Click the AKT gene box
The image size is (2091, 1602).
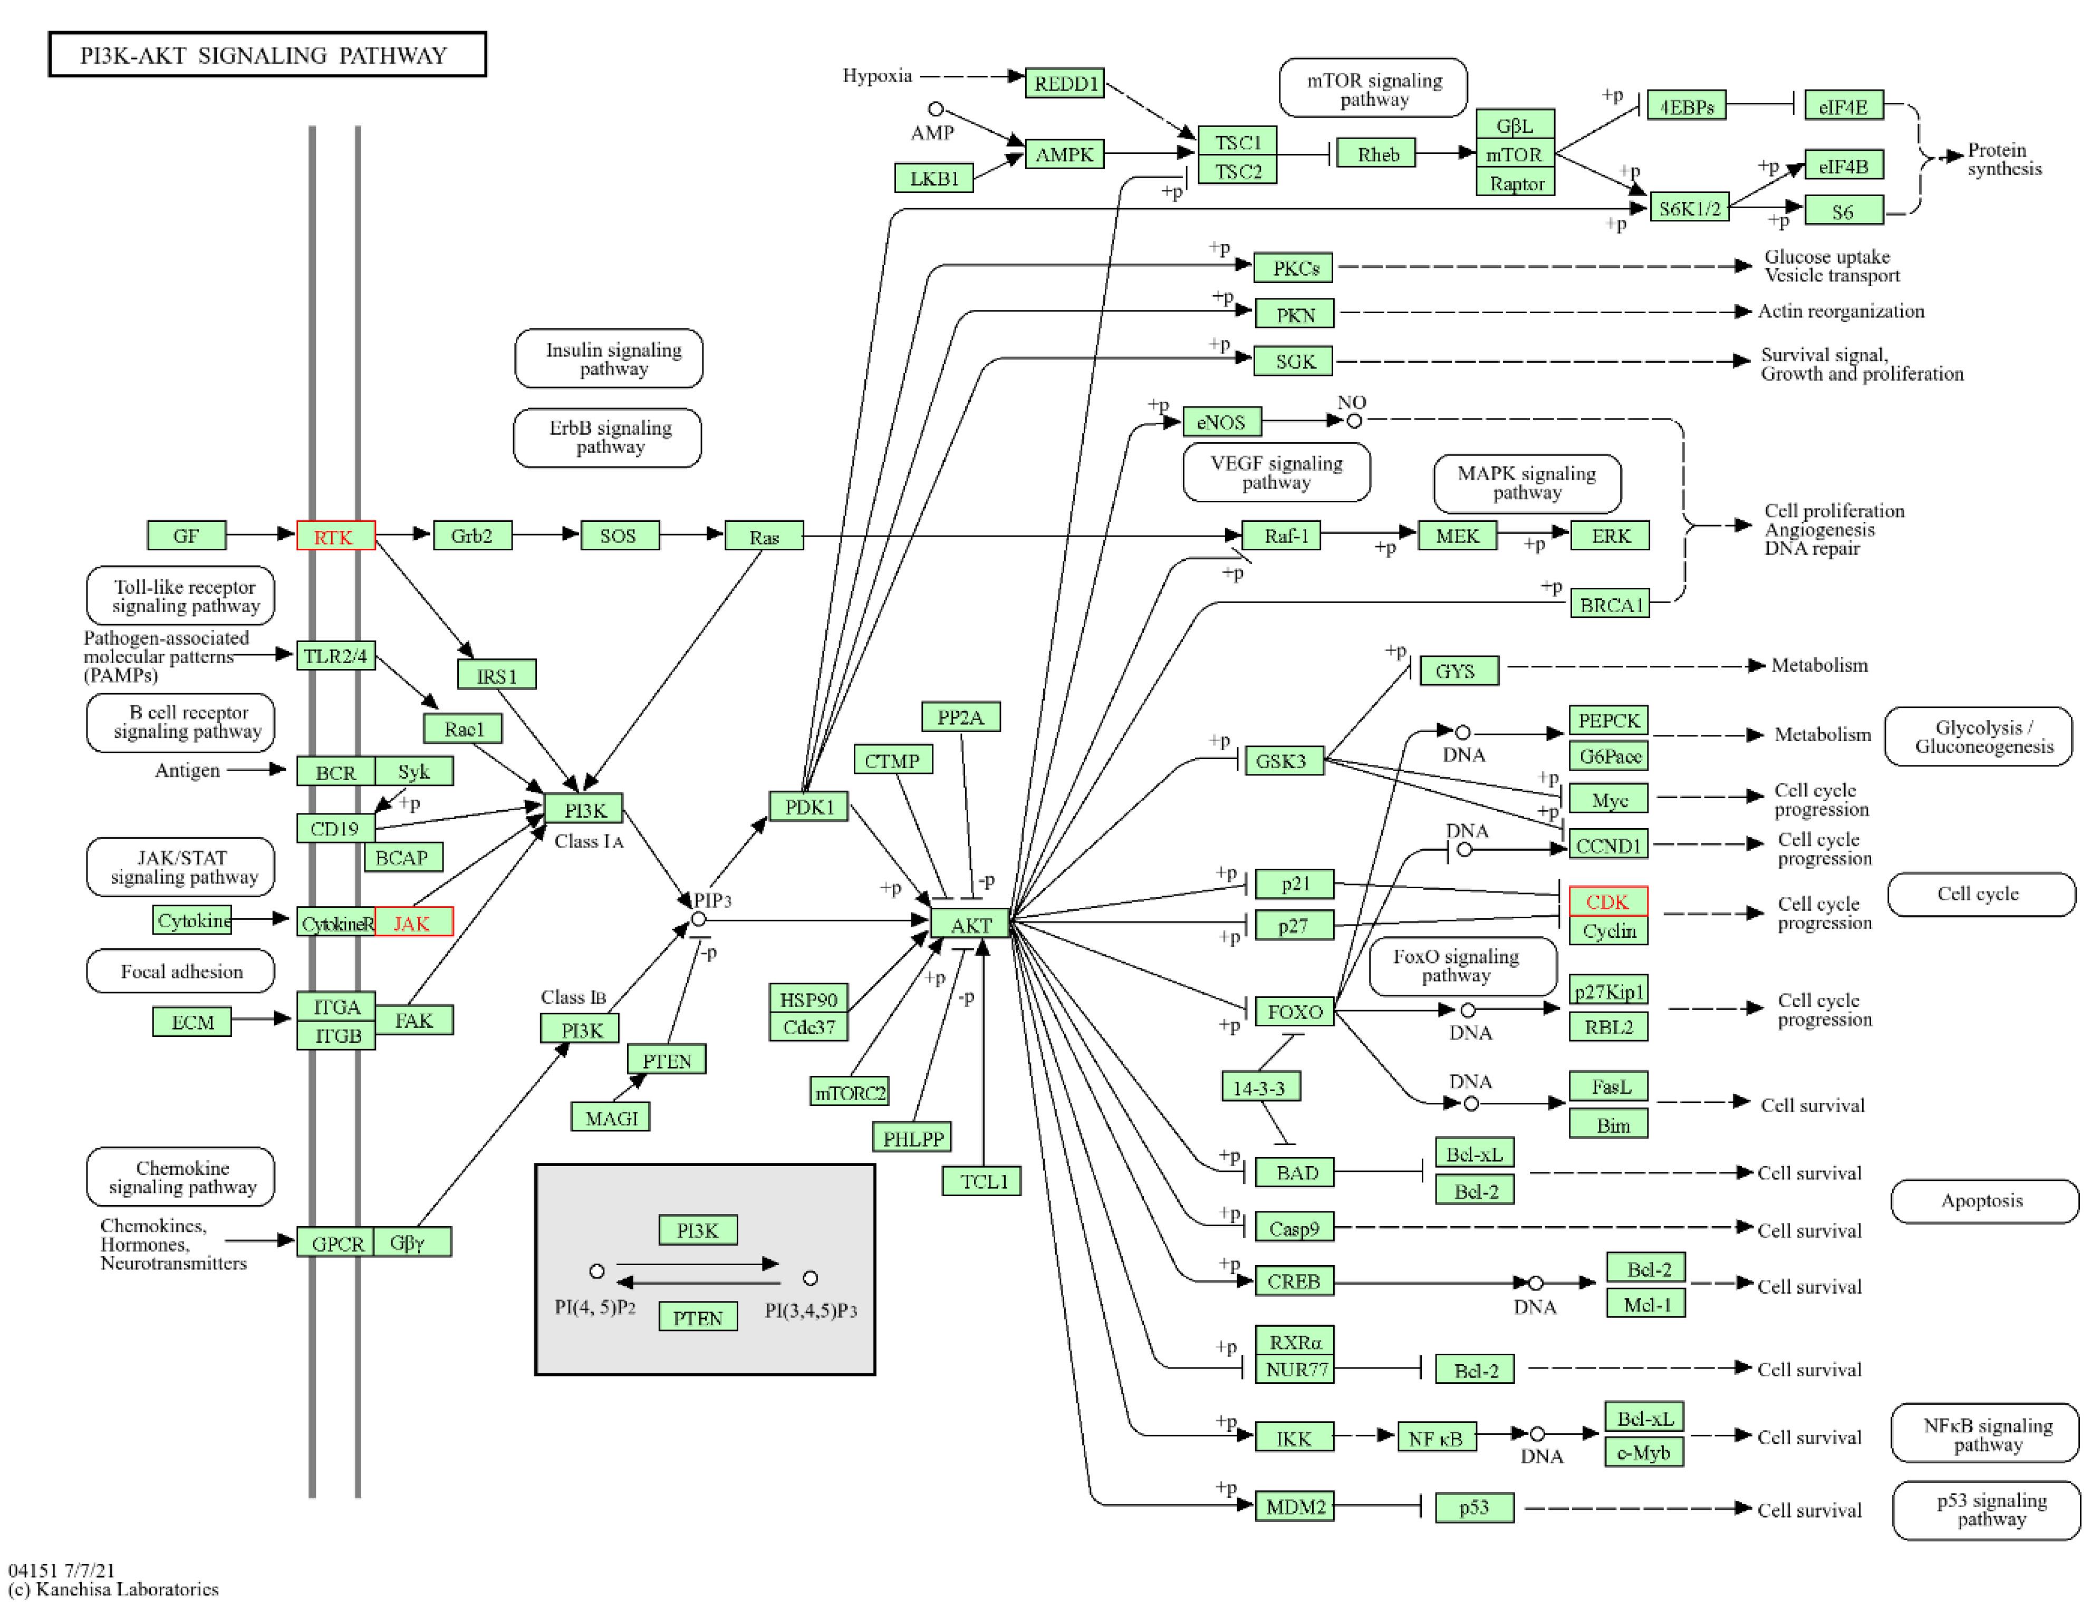click(x=970, y=923)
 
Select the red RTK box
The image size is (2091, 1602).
click(x=336, y=536)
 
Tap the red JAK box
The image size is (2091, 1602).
click(x=413, y=922)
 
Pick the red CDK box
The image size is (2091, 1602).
click(x=1608, y=901)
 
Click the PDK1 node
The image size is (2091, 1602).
click(x=809, y=807)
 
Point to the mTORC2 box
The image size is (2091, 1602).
click(x=849, y=1092)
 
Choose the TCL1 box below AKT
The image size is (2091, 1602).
click(x=982, y=1180)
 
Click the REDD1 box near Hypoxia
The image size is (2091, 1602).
click(x=1065, y=83)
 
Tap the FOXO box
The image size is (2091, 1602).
click(x=1295, y=1011)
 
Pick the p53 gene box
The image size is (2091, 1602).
click(x=1475, y=1507)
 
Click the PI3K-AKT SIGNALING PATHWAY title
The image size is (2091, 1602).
click(x=267, y=54)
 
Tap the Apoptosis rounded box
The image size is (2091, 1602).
click(x=1984, y=1200)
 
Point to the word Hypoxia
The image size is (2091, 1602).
click(x=876, y=75)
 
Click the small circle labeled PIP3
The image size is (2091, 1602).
click(x=698, y=919)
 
